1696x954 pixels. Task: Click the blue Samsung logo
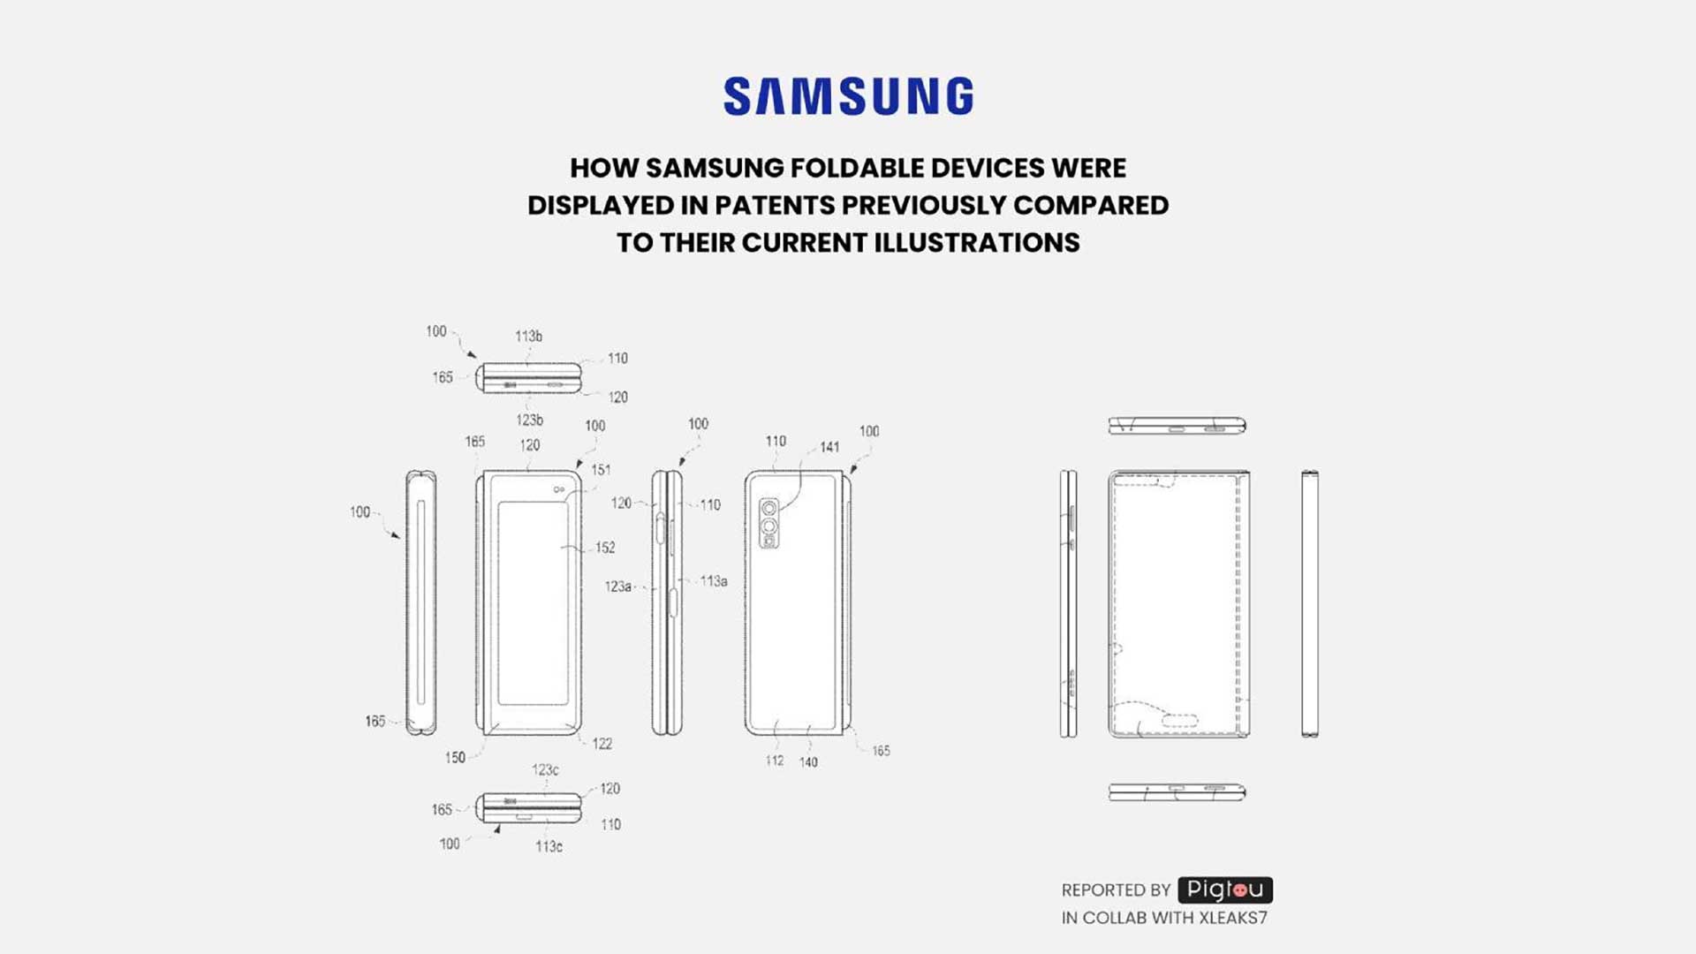tap(848, 96)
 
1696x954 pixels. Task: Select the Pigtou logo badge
tap(1224, 890)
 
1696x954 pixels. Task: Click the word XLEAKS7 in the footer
tap(1232, 918)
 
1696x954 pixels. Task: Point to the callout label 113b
tap(528, 337)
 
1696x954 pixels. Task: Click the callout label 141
tap(829, 448)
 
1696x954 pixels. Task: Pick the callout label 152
tap(605, 548)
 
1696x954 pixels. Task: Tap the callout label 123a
tap(618, 587)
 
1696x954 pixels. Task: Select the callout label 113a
tap(714, 581)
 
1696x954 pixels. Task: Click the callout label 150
tap(455, 758)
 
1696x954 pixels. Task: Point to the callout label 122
tap(602, 744)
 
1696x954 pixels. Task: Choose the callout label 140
tap(808, 762)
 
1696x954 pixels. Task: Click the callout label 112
tap(775, 761)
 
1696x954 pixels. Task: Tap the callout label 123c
tap(545, 770)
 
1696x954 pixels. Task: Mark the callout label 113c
tap(549, 846)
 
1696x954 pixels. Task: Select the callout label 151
tap(601, 470)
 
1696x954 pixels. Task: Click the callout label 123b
tap(529, 420)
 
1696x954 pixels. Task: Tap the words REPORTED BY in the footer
tap(1116, 890)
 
